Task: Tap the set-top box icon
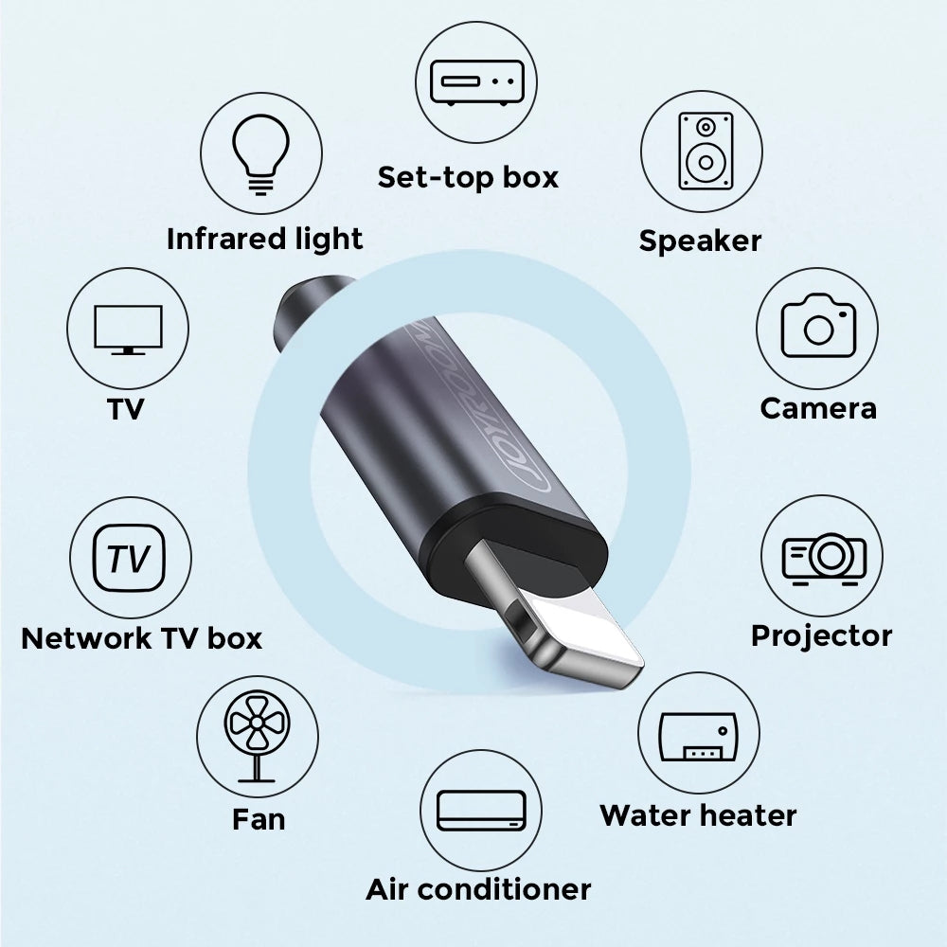[x=476, y=81]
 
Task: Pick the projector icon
[x=823, y=557]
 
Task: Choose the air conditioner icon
[x=480, y=811]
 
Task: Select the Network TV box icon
[x=130, y=559]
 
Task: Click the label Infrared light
[x=264, y=239]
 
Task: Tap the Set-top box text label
[x=468, y=176]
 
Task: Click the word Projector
[x=821, y=634]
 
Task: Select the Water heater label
[x=698, y=814]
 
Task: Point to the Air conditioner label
[x=478, y=889]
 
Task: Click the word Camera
[x=817, y=408]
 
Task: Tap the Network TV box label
[x=141, y=637]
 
